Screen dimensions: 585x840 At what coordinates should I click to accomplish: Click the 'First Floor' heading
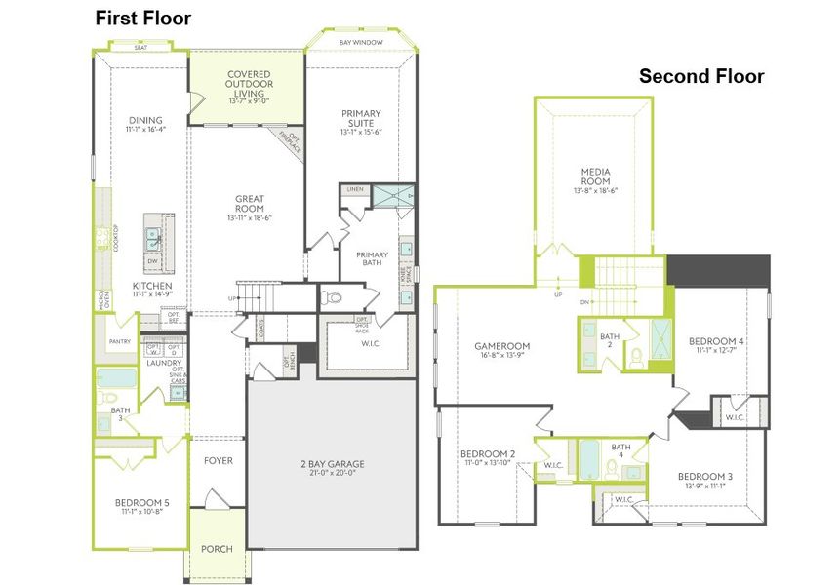(142, 19)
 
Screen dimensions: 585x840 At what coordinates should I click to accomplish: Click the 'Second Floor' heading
(700, 76)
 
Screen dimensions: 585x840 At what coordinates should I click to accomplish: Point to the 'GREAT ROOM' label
(250, 204)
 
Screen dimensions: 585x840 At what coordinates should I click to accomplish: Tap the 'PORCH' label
(217, 549)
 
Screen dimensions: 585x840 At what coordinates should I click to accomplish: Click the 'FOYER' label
(218, 460)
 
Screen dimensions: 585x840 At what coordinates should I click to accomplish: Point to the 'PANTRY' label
(120, 342)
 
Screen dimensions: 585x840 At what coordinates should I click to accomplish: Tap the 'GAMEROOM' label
(501, 346)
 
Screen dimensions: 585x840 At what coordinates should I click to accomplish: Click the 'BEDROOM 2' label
(487, 454)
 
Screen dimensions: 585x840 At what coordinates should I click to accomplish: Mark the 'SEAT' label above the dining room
(140, 45)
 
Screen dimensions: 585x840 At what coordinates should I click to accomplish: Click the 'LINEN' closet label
(354, 190)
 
